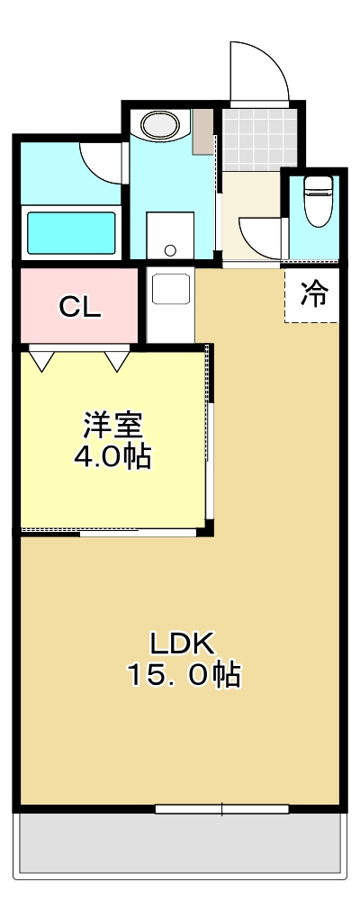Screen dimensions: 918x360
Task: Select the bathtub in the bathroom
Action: [71, 232]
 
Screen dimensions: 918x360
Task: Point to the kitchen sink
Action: [168, 288]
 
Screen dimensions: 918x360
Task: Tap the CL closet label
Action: [80, 307]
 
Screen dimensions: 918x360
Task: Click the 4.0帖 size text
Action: [112, 458]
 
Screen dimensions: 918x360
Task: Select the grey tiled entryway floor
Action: [259, 139]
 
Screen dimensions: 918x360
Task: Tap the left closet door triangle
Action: [41, 360]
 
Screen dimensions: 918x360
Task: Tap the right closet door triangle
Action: [118, 360]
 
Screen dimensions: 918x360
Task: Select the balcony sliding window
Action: [221, 809]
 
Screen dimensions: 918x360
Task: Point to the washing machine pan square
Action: [170, 236]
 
